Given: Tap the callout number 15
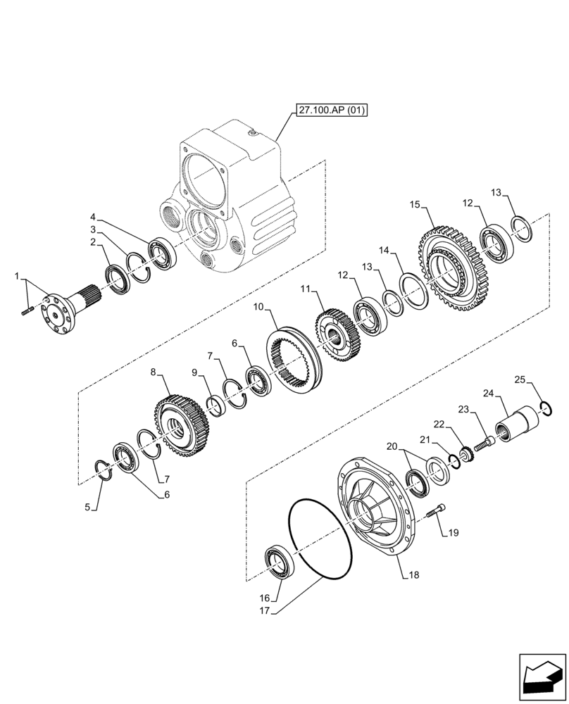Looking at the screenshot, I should pos(415,204).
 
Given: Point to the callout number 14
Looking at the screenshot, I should pos(384,250).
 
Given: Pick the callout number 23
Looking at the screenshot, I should pos(463,409).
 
